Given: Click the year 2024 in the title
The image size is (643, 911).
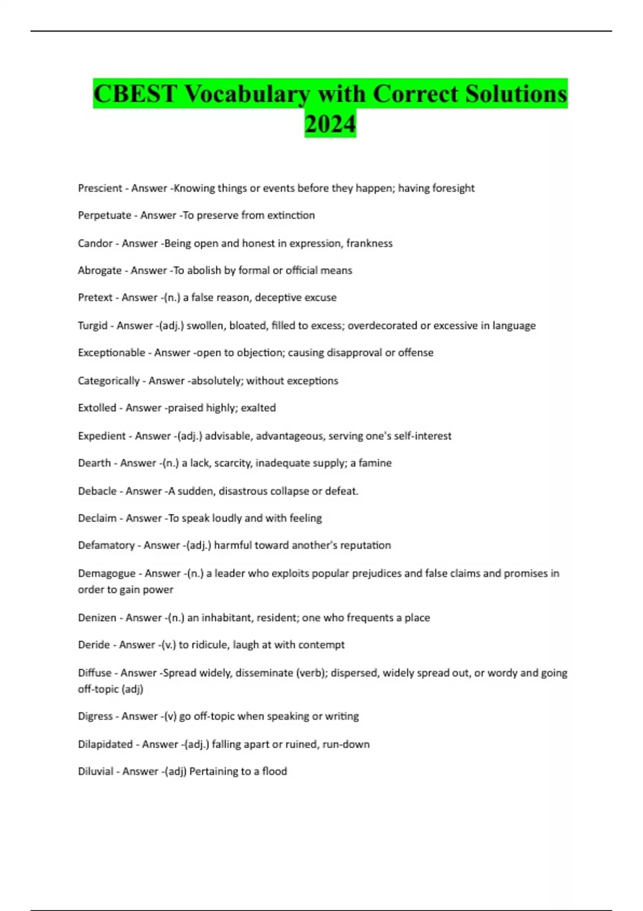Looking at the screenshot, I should [330, 124].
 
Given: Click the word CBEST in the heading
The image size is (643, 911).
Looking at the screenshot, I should [135, 94].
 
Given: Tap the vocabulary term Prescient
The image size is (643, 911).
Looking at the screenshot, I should [100, 188].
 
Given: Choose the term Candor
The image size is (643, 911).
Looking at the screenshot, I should [95, 243].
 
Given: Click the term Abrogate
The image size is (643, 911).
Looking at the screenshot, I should [100, 271].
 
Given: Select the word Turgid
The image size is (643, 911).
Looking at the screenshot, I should [93, 325].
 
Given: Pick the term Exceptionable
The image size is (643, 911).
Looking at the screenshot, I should [111, 353].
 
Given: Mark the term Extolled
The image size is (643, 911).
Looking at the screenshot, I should [97, 408].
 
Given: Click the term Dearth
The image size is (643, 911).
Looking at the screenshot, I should [94, 463].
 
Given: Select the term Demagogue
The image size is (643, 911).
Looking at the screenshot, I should [107, 573].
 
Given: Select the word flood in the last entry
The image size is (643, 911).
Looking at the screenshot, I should [274, 771].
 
